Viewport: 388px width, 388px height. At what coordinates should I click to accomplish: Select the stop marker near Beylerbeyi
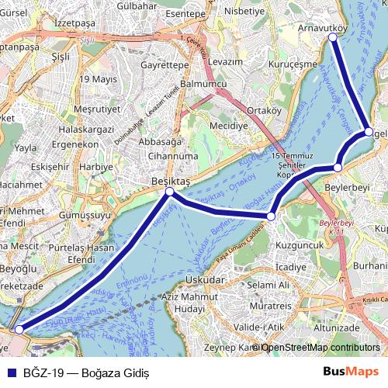coord(338,168)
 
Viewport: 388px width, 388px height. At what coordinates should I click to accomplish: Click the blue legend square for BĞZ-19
coord(9,373)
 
